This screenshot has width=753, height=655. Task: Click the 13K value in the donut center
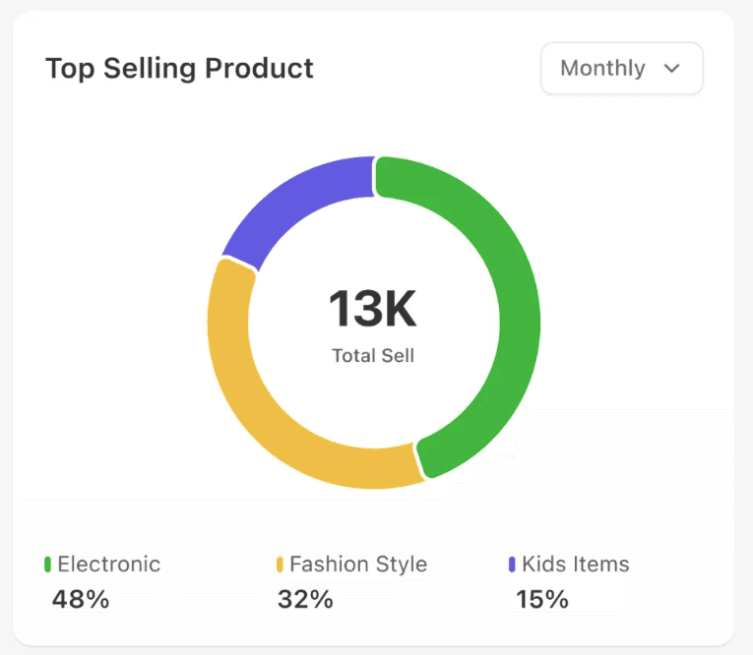click(x=373, y=309)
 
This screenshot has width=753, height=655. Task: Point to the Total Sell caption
click(x=373, y=356)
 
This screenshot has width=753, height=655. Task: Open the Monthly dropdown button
click(x=621, y=68)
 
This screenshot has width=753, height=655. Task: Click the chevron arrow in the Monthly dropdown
click(x=673, y=68)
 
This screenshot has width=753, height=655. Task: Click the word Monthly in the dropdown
click(x=602, y=68)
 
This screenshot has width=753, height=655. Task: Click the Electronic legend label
click(x=108, y=564)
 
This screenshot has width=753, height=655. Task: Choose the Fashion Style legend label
click(x=358, y=564)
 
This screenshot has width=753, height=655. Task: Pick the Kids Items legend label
click(x=575, y=564)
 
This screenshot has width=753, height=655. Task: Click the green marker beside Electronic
click(x=47, y=565)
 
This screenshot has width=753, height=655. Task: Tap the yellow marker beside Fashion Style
click(x=280, y=565)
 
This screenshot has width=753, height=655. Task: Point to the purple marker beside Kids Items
click(x=512, y=565)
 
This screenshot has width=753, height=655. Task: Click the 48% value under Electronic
click(x=80, y=599)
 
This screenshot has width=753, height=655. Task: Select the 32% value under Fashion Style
click(x=305, y=599)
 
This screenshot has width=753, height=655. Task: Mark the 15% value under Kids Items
click(x=542, y=599)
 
